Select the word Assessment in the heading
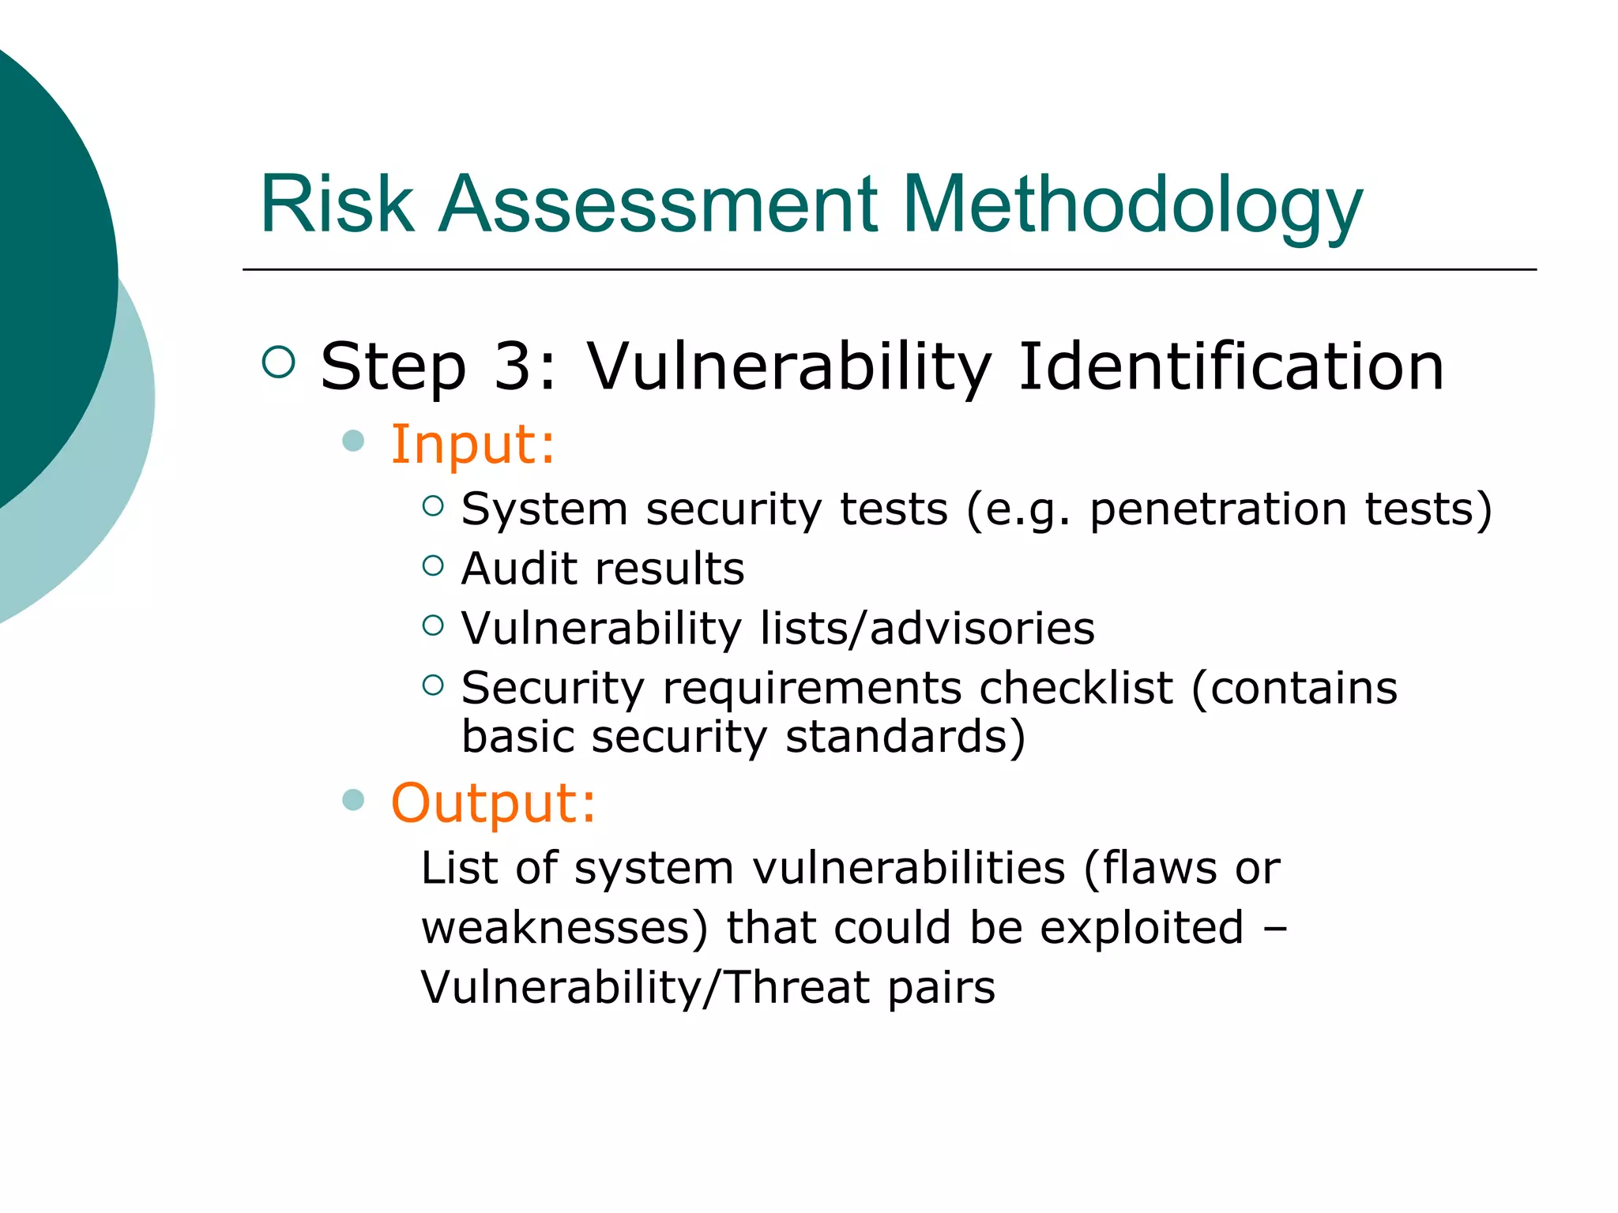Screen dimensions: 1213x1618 (657, 205)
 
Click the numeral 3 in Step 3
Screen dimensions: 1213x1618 (514, 366)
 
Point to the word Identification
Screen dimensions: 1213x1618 (1231, 366)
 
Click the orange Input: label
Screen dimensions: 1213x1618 (472, 444)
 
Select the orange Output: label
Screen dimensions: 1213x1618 (493, 803)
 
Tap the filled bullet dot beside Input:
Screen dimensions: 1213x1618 (353, 441)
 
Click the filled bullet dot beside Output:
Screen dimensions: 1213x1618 (353, 800)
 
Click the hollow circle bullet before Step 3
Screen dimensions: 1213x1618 (278, 362)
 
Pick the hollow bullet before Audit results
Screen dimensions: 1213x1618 (433, 565)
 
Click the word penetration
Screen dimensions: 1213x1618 (1217, 509)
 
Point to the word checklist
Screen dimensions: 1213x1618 (1075, 688)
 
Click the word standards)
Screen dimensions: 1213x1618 (905, 737)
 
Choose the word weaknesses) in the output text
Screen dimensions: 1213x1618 (564, 928)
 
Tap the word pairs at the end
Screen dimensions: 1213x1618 (940, 988)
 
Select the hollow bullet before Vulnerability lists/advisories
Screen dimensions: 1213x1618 (433, 625)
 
